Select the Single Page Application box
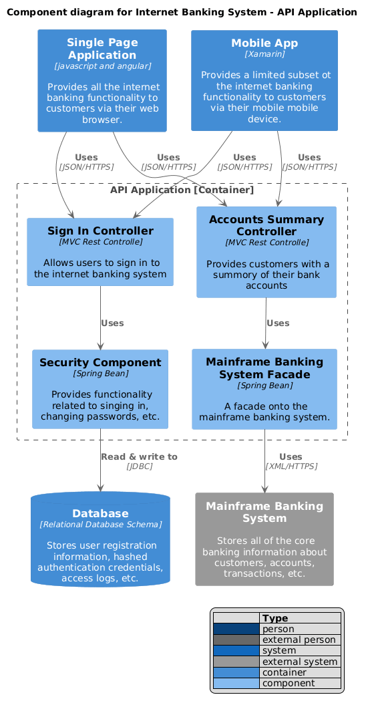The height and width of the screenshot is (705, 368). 102,81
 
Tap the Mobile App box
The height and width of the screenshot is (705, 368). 264,81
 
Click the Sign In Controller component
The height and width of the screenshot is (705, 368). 100,252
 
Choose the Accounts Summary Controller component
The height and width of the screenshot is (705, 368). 266,252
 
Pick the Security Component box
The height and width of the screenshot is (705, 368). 100,389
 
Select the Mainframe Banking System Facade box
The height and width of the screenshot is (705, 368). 264,389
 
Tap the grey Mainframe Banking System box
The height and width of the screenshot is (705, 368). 264,539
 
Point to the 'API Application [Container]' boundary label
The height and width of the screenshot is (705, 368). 182,190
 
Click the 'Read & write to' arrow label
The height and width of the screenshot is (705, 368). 139,456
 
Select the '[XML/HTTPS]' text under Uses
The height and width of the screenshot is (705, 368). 291,466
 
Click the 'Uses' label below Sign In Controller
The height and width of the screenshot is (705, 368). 112,323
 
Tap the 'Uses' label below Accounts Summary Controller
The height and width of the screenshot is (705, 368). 278,323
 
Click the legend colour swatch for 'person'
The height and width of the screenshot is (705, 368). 236,629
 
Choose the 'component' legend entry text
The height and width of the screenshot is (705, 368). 288,684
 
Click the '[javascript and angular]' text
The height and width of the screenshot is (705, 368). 102,66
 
